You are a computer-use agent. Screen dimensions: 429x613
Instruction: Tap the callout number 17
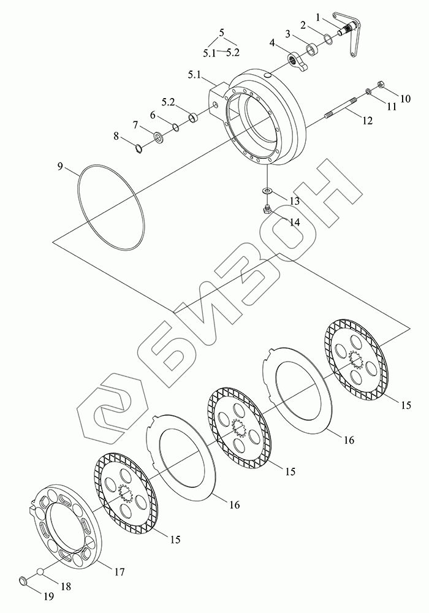(x=119, y=571)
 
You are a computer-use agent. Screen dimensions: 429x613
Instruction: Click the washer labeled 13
(x=267, y=192)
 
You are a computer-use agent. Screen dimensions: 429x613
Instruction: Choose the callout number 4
(x=271, y=42)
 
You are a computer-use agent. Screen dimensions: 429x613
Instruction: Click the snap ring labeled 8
(x=139, y=147)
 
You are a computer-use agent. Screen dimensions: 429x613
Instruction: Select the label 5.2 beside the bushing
(x=169, y=101)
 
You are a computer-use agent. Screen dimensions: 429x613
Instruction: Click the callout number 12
(x=366, y=121)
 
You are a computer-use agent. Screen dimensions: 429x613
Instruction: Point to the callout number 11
(x=390, y=106)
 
